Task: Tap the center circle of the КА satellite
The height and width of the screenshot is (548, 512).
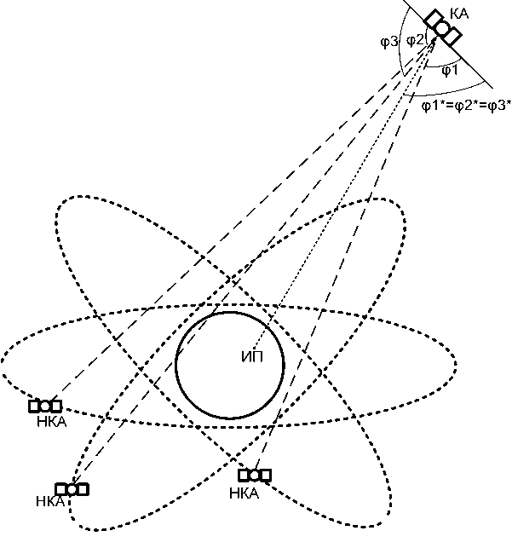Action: (x=443, y=26)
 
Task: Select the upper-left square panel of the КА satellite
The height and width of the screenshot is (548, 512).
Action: (x=434, y=18)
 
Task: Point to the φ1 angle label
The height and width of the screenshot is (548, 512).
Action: (x=451, y=70)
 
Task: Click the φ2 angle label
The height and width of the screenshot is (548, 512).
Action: (x=415, y=40)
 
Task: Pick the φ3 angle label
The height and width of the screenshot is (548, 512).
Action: (x=389, y=40)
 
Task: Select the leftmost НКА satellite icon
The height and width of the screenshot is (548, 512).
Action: (x=45, y=406)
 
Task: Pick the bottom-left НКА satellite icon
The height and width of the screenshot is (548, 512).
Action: (x=72, y=488)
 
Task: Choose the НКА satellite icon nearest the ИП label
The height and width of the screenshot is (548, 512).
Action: (x=255, y=475)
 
